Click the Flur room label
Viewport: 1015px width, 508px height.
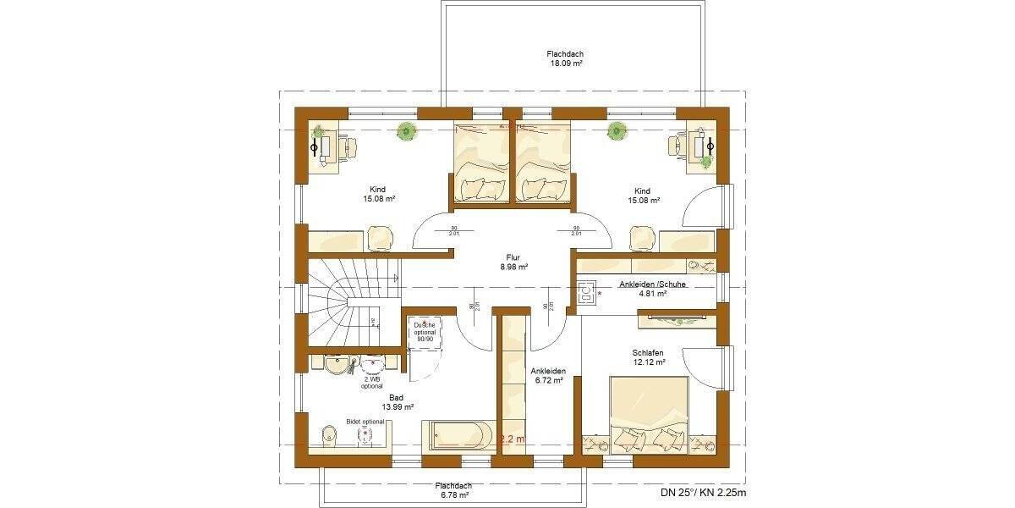[x=513, y=257]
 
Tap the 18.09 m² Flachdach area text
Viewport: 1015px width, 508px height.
[x=564, y=63]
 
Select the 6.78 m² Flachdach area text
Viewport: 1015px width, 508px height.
[x=453, y=495]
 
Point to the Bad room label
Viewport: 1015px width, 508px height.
[x=396, y=397]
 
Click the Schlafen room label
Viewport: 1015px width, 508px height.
[x=647, y=352]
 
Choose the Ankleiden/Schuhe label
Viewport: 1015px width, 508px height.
[x=652, y=284]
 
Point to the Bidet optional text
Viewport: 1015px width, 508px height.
[x=365, y=421]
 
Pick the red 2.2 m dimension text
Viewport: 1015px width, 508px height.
[x=512, y=439]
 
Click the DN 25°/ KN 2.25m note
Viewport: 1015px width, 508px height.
[x=704, y=492]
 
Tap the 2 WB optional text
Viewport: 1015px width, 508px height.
[x=371, y=383]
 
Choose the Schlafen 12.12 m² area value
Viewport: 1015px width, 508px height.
[x=648, y=362]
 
